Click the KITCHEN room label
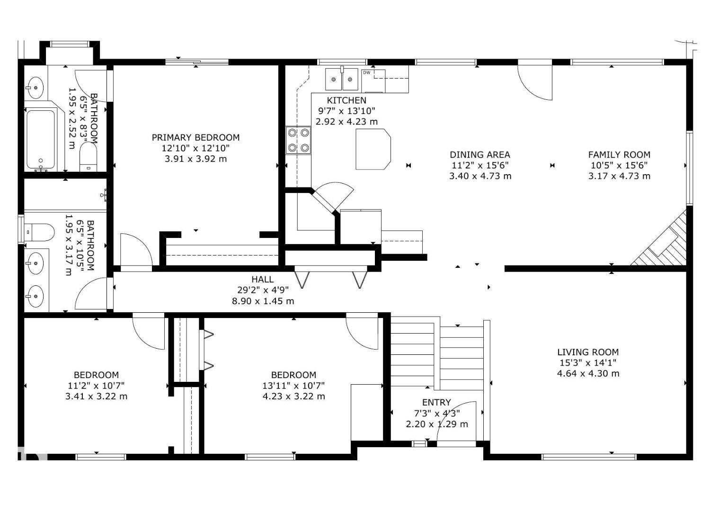[346, 100]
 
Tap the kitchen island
[373, 149]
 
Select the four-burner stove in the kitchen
[298, 140]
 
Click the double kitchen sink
[341, 79]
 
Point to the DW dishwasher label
[366, 72]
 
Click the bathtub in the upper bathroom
[41, 139]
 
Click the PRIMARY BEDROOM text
[195, 138]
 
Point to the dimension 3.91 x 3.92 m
[195, 159]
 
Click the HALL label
[262, 280]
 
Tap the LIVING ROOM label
[587, 352]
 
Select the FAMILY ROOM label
[619, 155]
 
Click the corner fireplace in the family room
[665, 244]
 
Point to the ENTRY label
[436, 403]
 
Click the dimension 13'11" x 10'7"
[293, 386]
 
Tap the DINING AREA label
[480, 155]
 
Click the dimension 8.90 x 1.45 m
[263, 301]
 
